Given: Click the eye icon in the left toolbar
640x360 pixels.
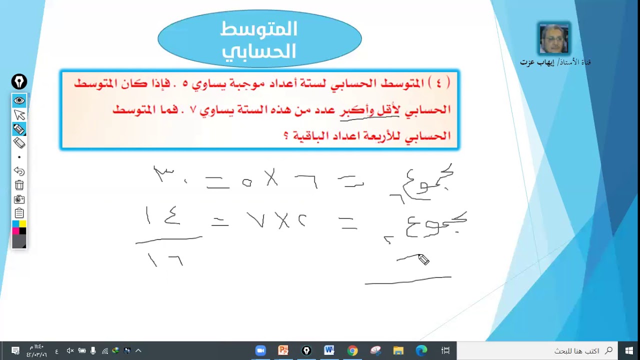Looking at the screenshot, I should pos(19,100).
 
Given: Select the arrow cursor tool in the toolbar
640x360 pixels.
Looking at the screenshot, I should pos(19,115).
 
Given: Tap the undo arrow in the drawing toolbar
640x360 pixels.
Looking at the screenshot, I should pos(19,171).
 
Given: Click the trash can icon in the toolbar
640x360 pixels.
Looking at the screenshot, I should pos(19,185).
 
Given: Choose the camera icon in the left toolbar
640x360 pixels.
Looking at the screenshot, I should pos(19,199).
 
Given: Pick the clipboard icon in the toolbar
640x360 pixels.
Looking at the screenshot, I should pos(19,213).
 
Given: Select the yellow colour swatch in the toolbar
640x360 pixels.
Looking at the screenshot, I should pos(22,223).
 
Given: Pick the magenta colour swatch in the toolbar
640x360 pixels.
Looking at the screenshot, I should pos(15,230).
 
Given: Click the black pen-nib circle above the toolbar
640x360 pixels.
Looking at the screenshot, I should pos(19,81).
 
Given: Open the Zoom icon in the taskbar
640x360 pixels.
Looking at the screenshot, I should pos(260,350).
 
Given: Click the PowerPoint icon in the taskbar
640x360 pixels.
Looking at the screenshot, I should pos(283,350).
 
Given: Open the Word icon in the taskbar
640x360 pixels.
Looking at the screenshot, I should pos(329,350).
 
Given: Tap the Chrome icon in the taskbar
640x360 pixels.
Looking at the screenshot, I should pos(352,350).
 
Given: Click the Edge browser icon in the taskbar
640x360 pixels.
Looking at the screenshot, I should pos(421,350).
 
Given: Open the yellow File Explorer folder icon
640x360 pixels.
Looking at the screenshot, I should pos(398,350).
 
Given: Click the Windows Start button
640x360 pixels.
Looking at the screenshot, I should pos(628,350).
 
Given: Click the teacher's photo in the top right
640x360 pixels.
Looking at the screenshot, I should pos(554,38).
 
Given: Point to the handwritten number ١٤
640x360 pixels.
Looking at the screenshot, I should pos(162,216).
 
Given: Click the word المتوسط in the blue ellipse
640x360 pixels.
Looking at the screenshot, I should pos(259,29).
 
